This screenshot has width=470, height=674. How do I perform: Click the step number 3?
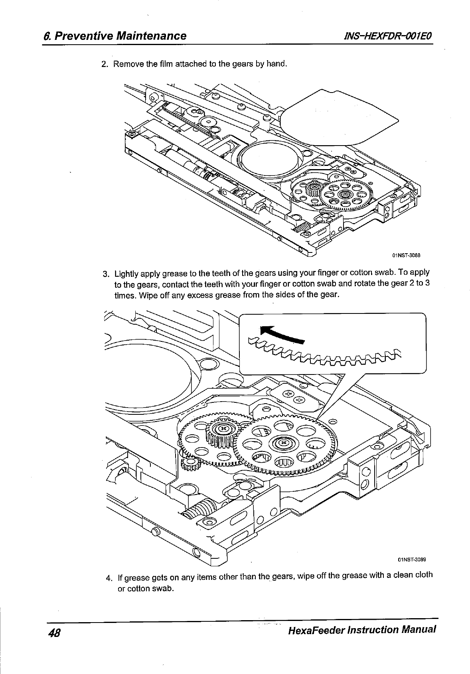pyautogui.click(x=106, y=274)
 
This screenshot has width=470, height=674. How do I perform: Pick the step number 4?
pyautogui.click(x=109, y=578)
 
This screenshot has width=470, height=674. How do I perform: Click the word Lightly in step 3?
pyautogui.click(x=127, y=274)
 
